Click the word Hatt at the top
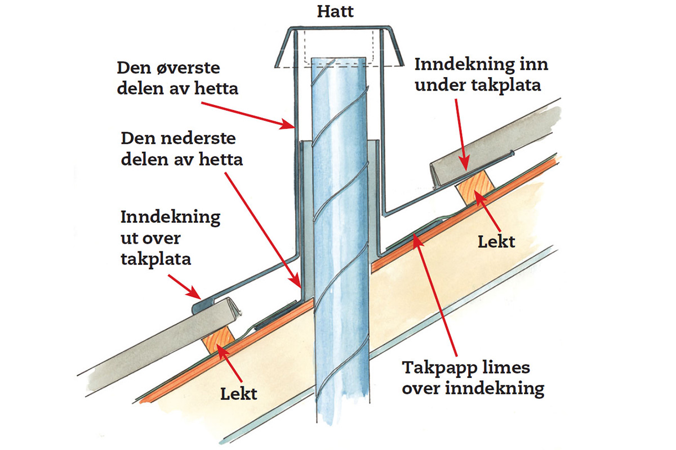click(x=336, y=11)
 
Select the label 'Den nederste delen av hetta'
click(x=182, y=149)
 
